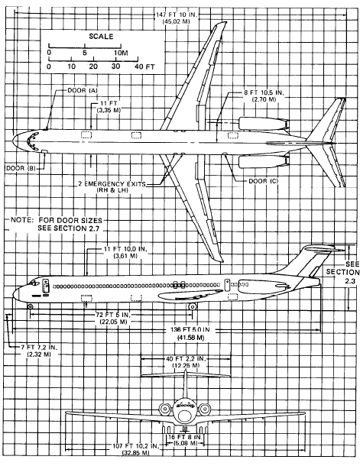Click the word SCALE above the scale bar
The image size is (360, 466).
pyautogui.click(x=101, y=36)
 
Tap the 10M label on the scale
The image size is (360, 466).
pyautogui.click(x=121, y=53)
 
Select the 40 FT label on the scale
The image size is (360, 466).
pyautogui.click(x=144, y=66)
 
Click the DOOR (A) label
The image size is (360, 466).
pyautogui.click(x=83, y=90)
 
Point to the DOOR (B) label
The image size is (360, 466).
pyautogui.click(x=21, y=168)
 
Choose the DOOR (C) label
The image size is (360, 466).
pyautogui.click(x=264, y=181)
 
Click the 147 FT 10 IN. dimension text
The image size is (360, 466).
pyautogui.click(x=177, y=15)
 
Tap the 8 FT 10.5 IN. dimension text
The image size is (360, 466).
pyautogui.click(x=264, y=92)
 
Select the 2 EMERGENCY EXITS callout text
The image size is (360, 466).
pyautogui.click(x=112, y=183)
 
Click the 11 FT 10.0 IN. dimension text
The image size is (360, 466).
pyautogui.click(x=125, y=249)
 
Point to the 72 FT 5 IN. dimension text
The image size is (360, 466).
pyautogui.click(x=113, y=315)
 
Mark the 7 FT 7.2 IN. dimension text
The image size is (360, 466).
pyautogui.click(x=39, y=347)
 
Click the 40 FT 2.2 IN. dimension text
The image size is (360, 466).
pyautogui.click(x=186, y=359)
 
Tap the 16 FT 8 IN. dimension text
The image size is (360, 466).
pyautogui.click(x=185, y=437)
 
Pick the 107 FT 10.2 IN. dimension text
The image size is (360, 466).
pyautogui.click(x=136, y=446)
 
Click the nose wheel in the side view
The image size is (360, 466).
pyautogui.click(x=30, y=306)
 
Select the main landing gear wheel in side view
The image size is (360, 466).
pyautogui.click(x=193, y=306)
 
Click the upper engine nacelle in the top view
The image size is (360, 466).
pyautogui.click(x=264, y=124)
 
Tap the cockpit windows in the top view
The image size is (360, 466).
pyautogui.click(x=32, y=141)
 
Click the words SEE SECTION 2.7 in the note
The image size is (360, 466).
pyautogui.click(x=68, y=228)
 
